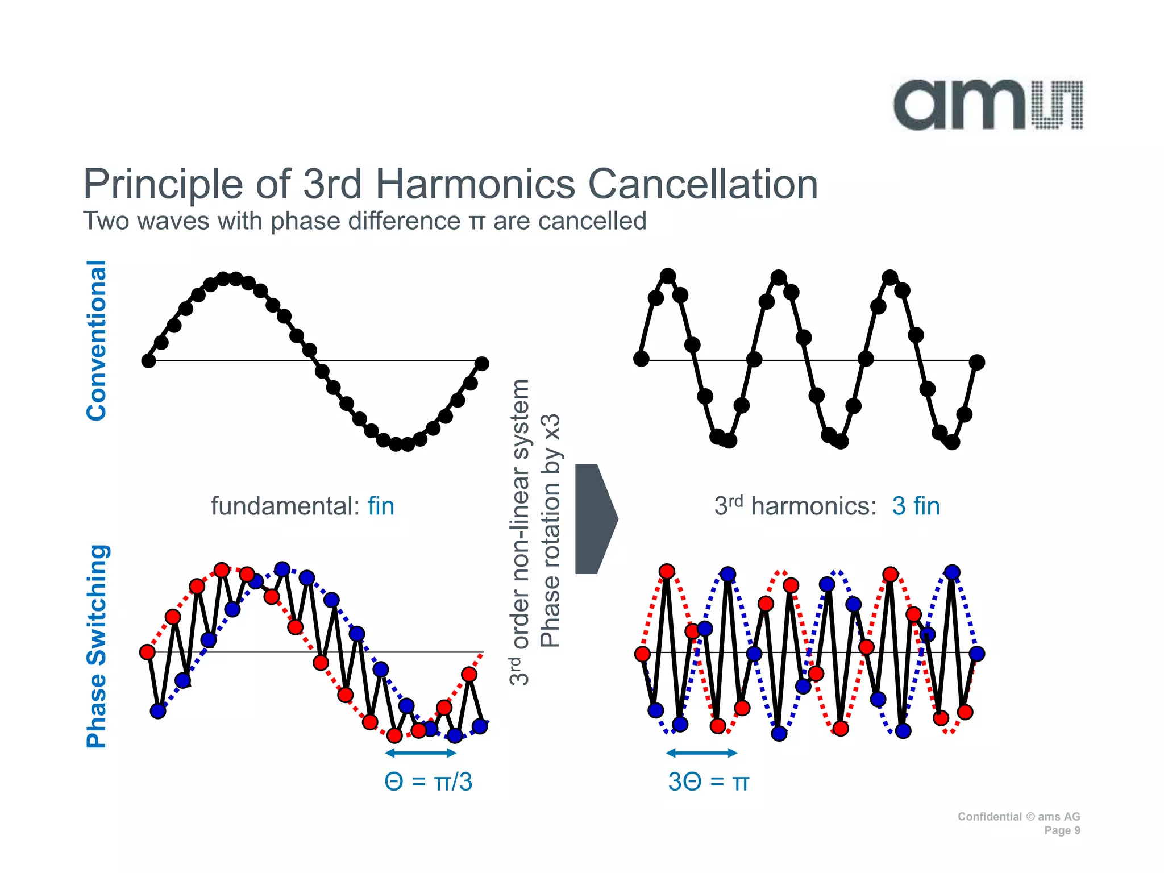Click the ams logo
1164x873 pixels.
988,105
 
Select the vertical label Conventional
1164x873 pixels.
96,340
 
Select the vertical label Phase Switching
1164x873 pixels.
96,646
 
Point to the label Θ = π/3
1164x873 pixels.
428,781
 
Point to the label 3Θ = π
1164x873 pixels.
708,781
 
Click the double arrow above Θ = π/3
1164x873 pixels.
421,753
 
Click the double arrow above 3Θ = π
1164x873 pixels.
701,753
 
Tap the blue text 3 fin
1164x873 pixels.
916,505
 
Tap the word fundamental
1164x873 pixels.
285,505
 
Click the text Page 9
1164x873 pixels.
1062,830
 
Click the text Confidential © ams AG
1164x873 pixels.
1018,817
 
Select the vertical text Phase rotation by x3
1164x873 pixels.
550,530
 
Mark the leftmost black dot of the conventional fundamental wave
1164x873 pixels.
148,361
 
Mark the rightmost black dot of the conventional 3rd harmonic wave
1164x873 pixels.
976,362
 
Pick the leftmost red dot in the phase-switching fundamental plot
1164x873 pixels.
147,652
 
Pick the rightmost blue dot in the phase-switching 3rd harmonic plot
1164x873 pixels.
976,654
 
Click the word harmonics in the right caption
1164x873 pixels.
813,505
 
